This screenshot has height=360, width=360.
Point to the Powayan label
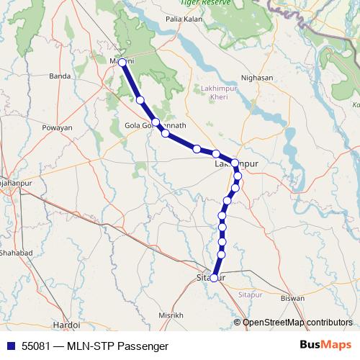(x=58, y=127)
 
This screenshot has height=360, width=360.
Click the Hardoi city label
(x=66, y=325)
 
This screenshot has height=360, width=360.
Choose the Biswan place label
(x=292, y=297)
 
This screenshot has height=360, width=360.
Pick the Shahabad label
(x=16, y=253)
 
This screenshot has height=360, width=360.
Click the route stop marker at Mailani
(x=122, y=63)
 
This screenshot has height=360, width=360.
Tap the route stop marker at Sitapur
(x=214, y=278)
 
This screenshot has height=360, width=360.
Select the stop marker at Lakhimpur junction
(x=235, y=163)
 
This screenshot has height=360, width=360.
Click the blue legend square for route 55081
(x=10, y=346)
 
